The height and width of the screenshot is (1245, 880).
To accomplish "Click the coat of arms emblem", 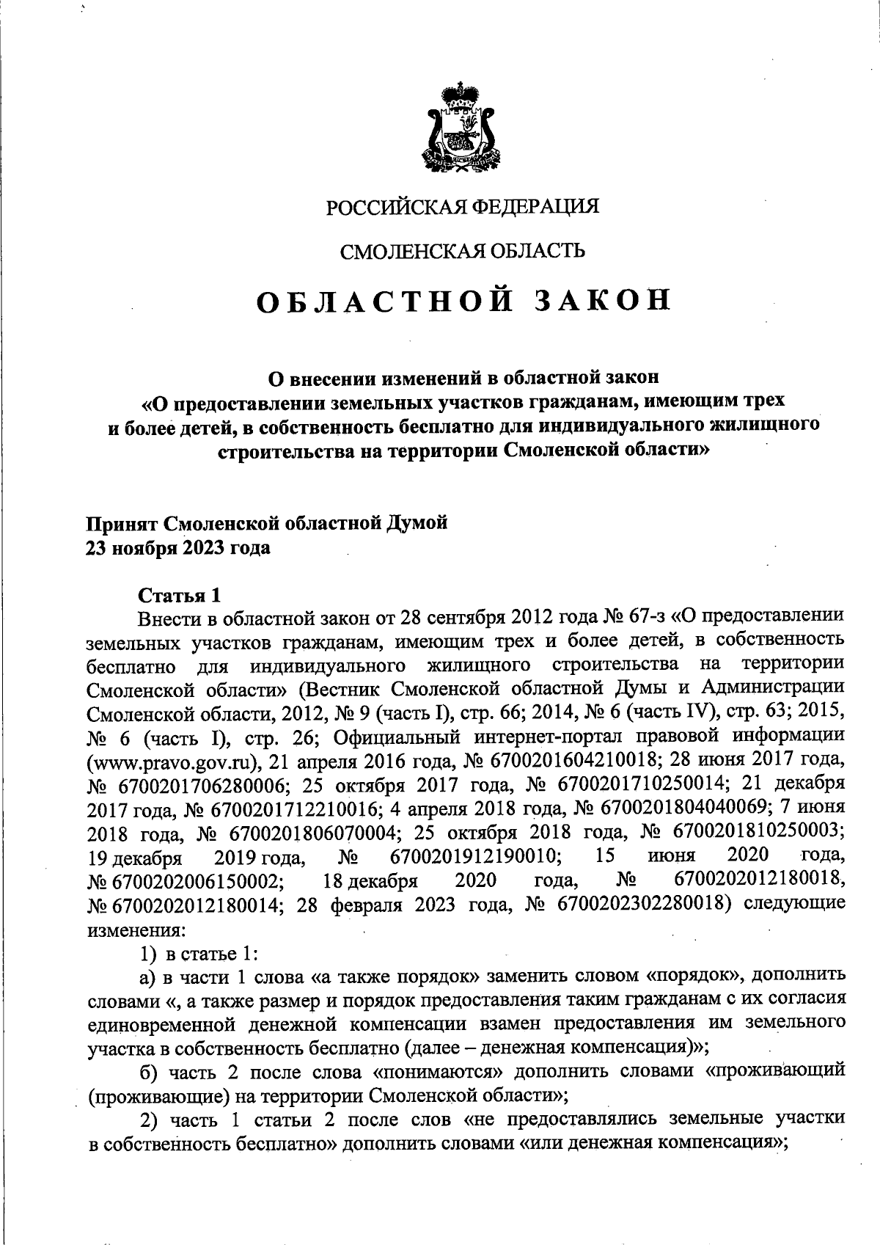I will point(461,129).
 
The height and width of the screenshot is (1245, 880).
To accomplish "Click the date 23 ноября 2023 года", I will point(179,547).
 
